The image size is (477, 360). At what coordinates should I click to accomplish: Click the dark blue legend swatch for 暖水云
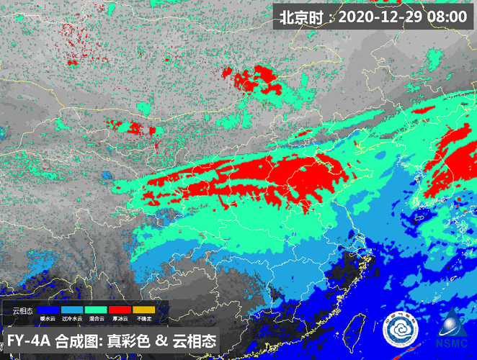pyautogui.click(x=49, y=310)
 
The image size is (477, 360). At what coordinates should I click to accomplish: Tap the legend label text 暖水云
pyautogui.click(x=49, y=318)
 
